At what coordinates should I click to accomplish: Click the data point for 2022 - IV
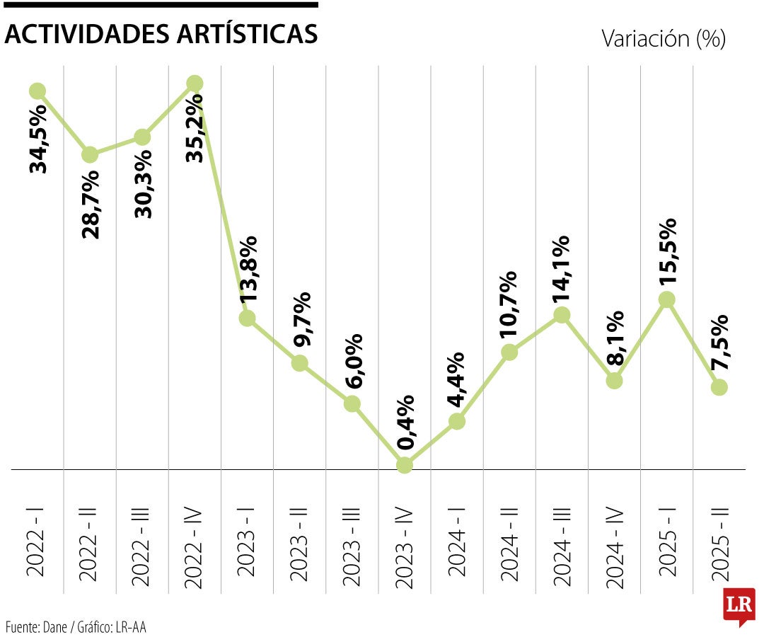coord(195,84)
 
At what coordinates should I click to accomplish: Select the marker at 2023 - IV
coord(404,465)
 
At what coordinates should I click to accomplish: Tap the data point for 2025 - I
coord(666,299)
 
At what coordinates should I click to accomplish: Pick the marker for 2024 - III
coord(562,314)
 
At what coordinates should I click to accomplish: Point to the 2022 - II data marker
coord(90,155)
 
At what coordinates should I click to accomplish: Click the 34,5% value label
coord(38,139)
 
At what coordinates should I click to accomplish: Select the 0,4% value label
coord(405,423)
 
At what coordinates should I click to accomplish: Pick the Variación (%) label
coord(664,38)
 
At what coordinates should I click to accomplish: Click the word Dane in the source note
coord(54,626)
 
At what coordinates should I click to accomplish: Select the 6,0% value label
coord(353,360)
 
